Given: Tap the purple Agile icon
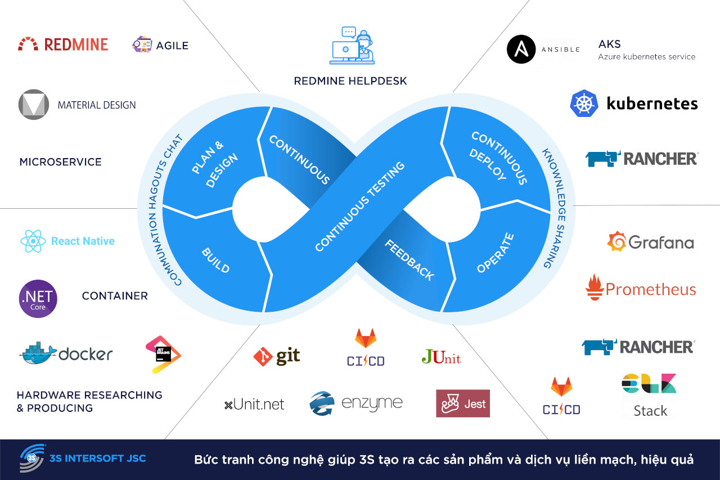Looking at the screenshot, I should tap(142, 45).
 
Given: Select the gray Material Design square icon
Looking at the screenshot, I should tap(34, 105).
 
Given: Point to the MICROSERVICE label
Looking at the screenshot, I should tap(61, 162).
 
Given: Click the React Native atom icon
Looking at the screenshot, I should tap(33, 241).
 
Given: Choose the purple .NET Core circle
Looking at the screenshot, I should tap(38, 299).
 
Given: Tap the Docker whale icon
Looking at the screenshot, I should tap(38, 353).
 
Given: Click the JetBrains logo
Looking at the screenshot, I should tap(163, 354).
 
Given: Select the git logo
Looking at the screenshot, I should tap(277, 356).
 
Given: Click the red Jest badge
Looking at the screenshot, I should tap(463, 403).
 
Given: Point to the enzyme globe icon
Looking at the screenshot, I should tap(323, 403).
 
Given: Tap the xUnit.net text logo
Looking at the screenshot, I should tap(254, 404).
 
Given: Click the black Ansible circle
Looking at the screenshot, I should tap(521, 49).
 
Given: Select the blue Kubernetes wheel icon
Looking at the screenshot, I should tap(583, 104).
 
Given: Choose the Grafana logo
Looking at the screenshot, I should tap(650, 242).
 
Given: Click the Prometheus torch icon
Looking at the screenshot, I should tap(594, 288).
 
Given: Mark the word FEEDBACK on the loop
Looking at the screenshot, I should tap(409, 260).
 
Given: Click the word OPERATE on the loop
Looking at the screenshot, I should tap(495, 253).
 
